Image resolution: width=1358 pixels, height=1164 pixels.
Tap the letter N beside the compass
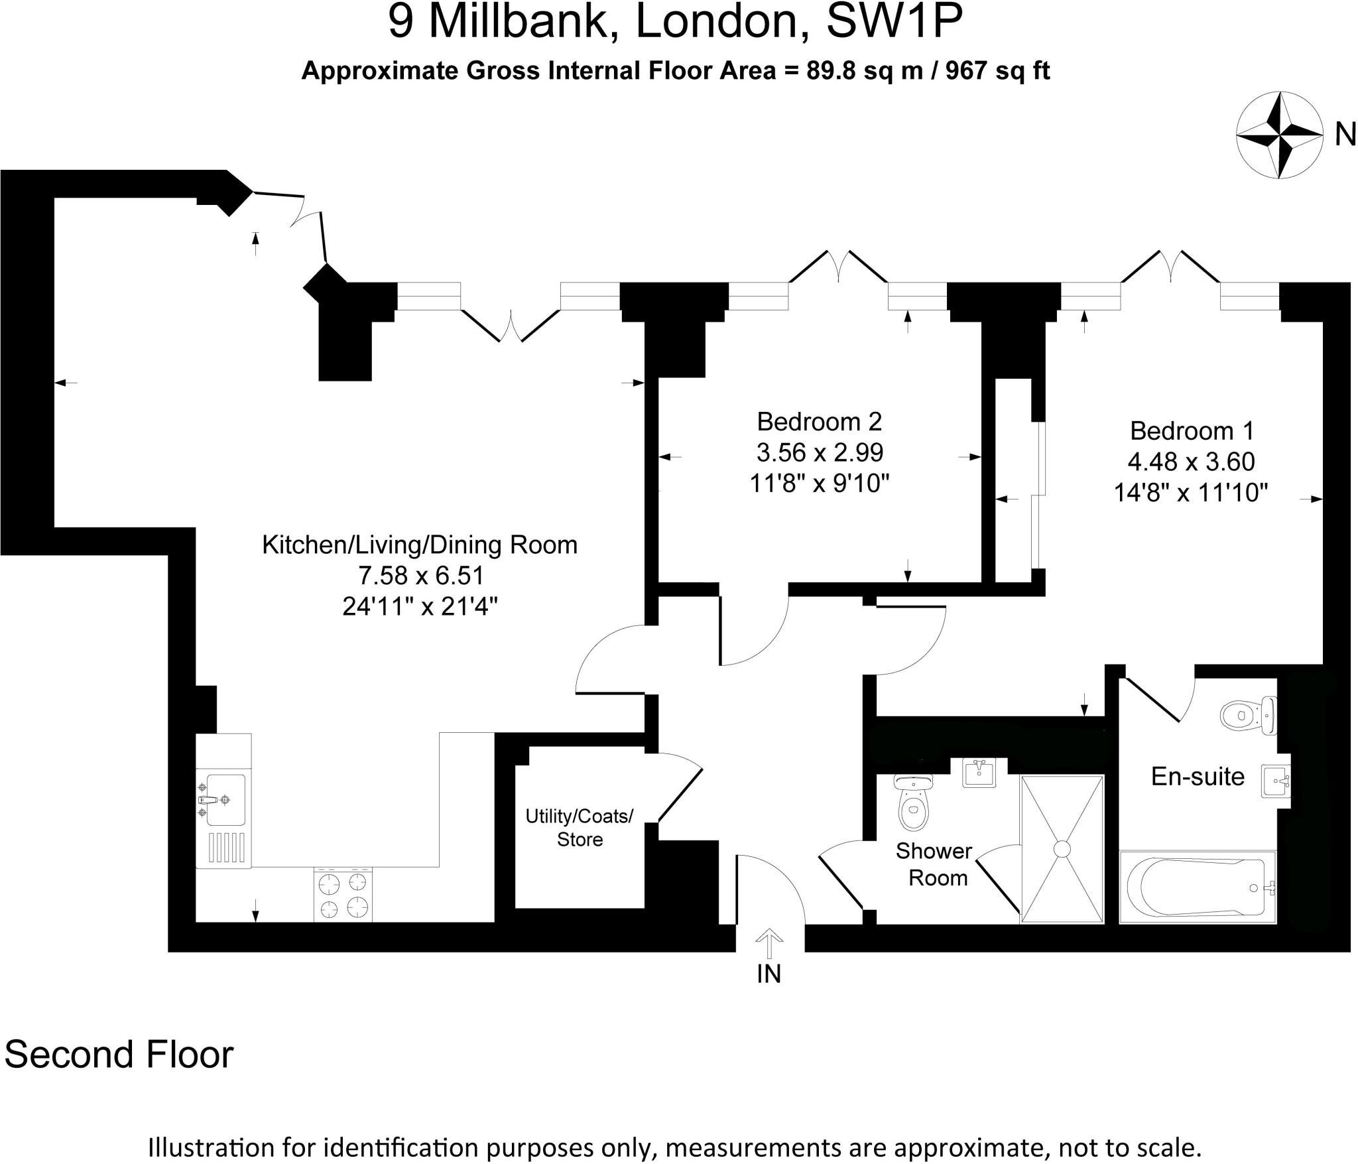pyautogui.click(x=1345, y=135)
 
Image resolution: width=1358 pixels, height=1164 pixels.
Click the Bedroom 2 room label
pyautogui.click(x=819, y=421)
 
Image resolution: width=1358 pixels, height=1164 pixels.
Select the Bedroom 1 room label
pyautogui.click(x=1192, y=430)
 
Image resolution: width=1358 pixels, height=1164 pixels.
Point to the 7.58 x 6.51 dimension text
pyautogui.click(x=420, y=575)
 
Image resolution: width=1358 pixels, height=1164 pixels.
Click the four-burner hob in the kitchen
pyautogui.click(x=343, y=895)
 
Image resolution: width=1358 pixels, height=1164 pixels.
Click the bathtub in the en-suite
pyautogui.click(x=1198, y=887)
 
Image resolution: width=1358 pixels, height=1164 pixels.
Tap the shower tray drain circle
pyautogui.click(x=1062, y=849)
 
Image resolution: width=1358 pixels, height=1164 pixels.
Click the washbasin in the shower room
pyautogui.click(x=979, y=773)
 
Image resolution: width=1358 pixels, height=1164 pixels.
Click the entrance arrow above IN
pyautogui.click(x=769, y=942)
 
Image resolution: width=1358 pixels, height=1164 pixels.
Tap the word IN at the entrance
pyautogui.click(x=769, y=974)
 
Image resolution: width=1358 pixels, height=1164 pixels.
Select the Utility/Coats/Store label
pyautogui.click(x=580, y=827)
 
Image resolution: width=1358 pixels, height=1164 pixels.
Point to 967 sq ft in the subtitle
pyautogui.click(x=997, y=70)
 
